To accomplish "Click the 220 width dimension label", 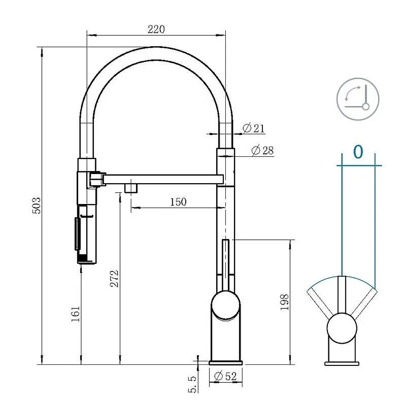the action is tap(156, 29).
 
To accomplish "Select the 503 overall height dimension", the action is tap(37, 206).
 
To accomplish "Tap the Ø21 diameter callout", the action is tap(254, 128).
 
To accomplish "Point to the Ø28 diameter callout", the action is tap(262, 150).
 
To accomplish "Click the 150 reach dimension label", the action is tap(178, 201).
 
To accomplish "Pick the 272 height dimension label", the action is tap(114, 279).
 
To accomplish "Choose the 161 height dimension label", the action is tap(75, 314).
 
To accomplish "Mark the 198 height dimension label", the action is tap(284, 302).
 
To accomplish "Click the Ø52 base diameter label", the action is tap(226, 376).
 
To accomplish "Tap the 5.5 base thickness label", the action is tap(192, 384).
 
